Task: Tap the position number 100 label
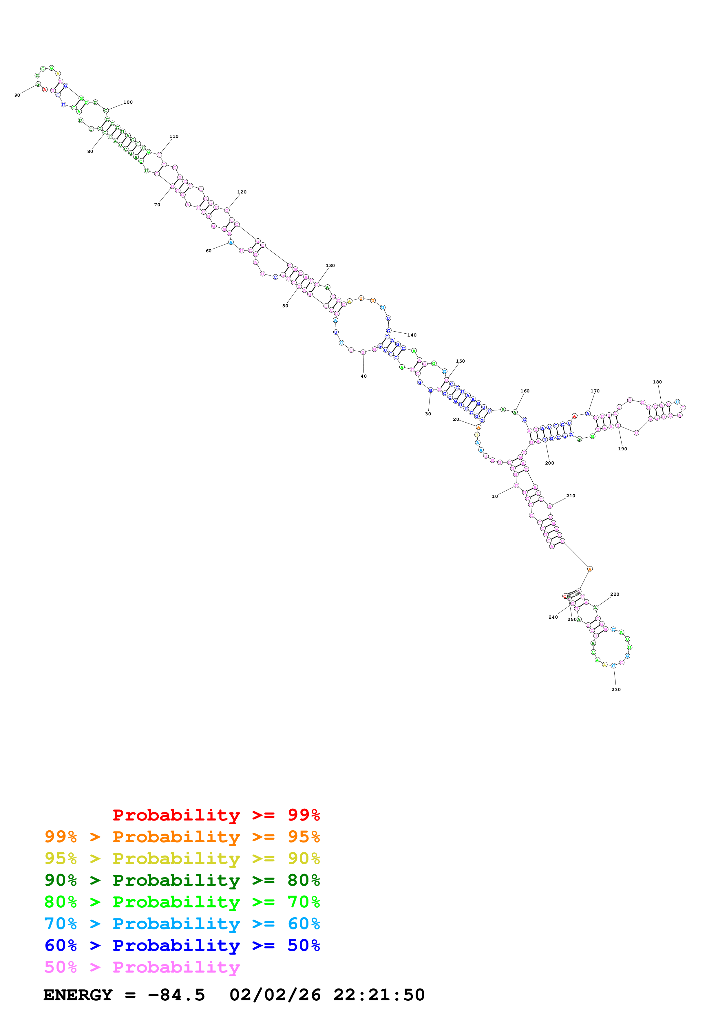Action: [128, 102]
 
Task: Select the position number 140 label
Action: [412, 335]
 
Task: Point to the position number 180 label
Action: [657, 382]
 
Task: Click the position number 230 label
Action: [616, 689]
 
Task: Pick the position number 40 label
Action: [364, 376]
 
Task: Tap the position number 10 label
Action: [495, 496]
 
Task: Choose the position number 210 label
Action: [571, 496]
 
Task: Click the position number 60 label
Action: [208, 251]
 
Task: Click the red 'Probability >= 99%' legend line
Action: [216, 815]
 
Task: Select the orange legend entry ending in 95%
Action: [182, 836]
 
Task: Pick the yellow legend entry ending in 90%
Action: [182, 858]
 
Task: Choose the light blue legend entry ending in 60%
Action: [182, 924]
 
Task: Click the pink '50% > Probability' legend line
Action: [142, 967]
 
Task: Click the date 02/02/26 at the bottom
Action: [275, 995]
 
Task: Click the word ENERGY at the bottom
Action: [78, 995]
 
